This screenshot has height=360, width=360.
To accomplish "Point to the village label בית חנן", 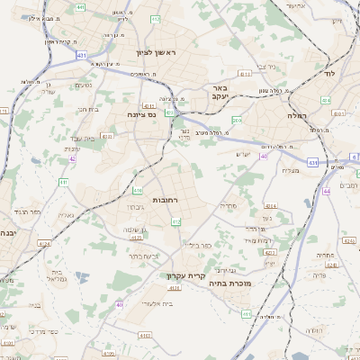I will pyautogui.click(x=87, y=110).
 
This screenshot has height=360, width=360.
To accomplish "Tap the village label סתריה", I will pyautogui.click(x=228, y=205).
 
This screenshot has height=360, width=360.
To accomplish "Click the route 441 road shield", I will pyautogui.click(x=81, y=7).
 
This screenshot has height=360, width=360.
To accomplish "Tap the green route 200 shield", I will pyautogui.click(x=237, y=120).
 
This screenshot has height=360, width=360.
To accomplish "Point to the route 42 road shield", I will pyautogui.click(x=72, y=159).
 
